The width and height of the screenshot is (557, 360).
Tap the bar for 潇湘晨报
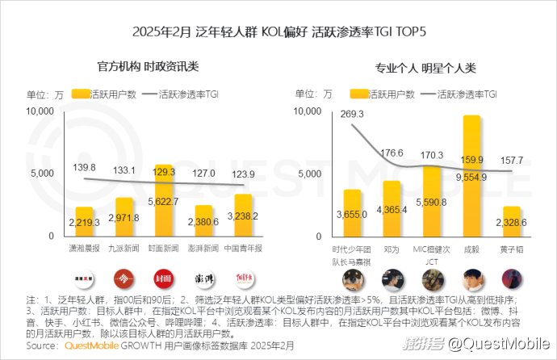(85, 221)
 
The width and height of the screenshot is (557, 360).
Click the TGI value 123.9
(241, 174)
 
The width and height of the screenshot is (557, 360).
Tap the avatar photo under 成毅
(471, 278)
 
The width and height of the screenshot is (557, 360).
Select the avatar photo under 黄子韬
(510, 278)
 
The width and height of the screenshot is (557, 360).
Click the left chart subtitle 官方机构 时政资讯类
(148, 67)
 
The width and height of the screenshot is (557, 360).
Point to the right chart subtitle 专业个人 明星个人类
(425, 67)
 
